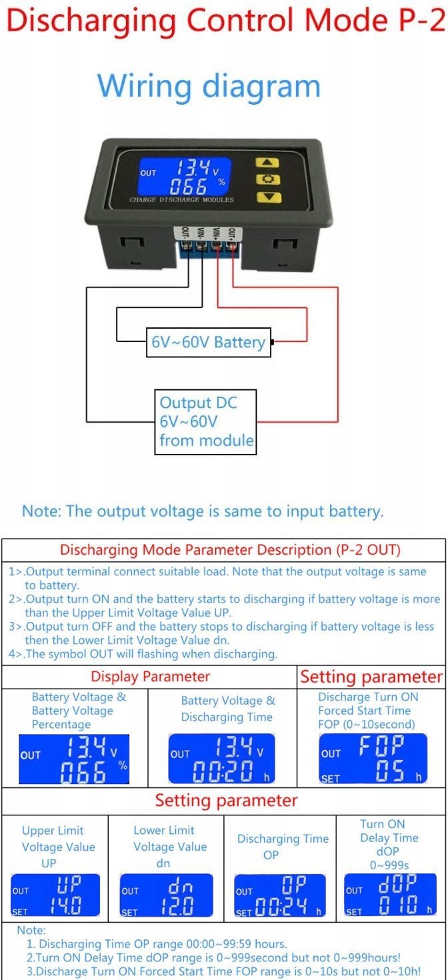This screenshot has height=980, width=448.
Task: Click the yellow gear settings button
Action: coord(267,179)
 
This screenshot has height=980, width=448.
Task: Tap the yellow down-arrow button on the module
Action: coord(268,197)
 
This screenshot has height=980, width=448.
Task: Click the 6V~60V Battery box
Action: coord(209,342)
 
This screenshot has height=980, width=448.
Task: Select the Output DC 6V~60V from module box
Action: coord(205,422)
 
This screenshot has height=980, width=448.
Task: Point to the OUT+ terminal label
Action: coord(232,237)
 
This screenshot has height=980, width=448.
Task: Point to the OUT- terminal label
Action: coord(185,237)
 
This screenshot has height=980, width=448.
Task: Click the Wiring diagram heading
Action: coord(209,86)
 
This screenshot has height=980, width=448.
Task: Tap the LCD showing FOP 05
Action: coord(373,759)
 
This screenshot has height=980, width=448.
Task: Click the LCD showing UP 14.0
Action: coord(55,895)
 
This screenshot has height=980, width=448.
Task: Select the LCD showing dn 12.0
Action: coord(166,895)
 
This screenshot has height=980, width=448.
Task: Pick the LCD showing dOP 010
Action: coord(390,894)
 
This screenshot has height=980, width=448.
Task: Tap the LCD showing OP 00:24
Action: coord(280,895)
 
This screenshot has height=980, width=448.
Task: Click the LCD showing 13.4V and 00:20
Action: coord(222,759)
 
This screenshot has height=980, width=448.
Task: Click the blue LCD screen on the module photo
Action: coord(185,176)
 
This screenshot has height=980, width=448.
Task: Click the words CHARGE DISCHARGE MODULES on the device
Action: coord(181,200)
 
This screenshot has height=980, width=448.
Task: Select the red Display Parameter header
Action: coord(150,677)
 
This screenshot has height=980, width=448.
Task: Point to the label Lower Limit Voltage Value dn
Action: coord(170,846)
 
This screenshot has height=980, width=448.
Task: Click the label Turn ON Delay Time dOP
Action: coord(389,837)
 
